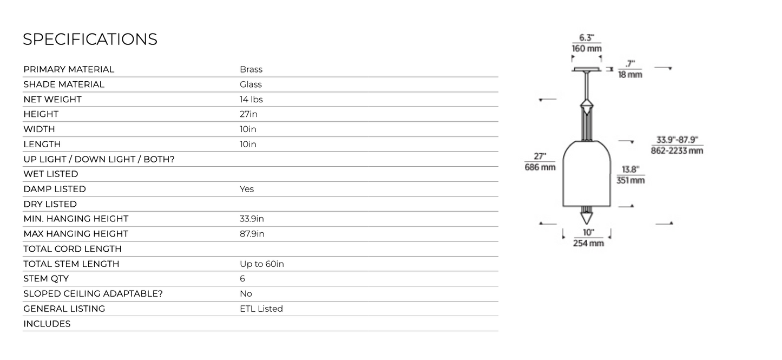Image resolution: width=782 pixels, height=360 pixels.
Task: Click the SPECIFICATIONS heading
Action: pyautogui.click(x=90, y=39)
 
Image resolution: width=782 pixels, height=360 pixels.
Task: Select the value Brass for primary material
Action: pyautogui.click(x=251, y=69)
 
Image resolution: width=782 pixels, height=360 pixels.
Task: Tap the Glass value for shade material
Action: pyautogui.click(x=251, y=84)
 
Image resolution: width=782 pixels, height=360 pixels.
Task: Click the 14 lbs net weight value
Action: pyautogui.click(x=251, y=99)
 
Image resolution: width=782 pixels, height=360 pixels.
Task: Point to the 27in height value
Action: pyautogui.click(x=248, y=114)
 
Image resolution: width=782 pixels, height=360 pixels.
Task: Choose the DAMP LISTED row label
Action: pyautogui.click(x=55, y=189)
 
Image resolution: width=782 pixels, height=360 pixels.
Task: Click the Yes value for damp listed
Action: pyautogui.click(x=247, y=189)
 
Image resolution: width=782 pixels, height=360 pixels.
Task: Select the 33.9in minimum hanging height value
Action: pyautogui.click(x=252, y=219)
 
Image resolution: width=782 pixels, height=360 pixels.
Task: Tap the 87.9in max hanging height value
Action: pyautogui.click(x=252, y=234)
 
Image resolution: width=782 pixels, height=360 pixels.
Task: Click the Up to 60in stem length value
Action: pyautogui.click(x=262, y=264)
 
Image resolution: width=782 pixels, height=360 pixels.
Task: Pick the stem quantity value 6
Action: pyautogui.click(x=242, y=279)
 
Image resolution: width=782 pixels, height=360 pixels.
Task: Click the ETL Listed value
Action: pyautogui.click(x=261, y=309)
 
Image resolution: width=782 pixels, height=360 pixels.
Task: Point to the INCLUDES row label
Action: pyautogui.click(x=47, y=324)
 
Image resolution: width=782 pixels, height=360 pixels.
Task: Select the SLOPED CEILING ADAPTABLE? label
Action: pyautogui.click(x=93, y=293)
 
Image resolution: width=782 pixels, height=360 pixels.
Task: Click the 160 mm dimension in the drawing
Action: pyautogui.click(x=587, y=49)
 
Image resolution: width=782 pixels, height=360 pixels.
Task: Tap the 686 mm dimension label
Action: pyautogui.click(x=540, y=167)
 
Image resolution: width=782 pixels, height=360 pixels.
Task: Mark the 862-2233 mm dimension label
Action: pyautogui.click(x=677, y=151)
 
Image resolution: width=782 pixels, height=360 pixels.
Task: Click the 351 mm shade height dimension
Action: pyautogui.click(x=630, y=180)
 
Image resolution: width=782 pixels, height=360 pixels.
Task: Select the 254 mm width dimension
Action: pyautogui.click(x=588, y=244)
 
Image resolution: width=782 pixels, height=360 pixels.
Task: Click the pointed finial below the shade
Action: pyautogui.click(x=587, y=217)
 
